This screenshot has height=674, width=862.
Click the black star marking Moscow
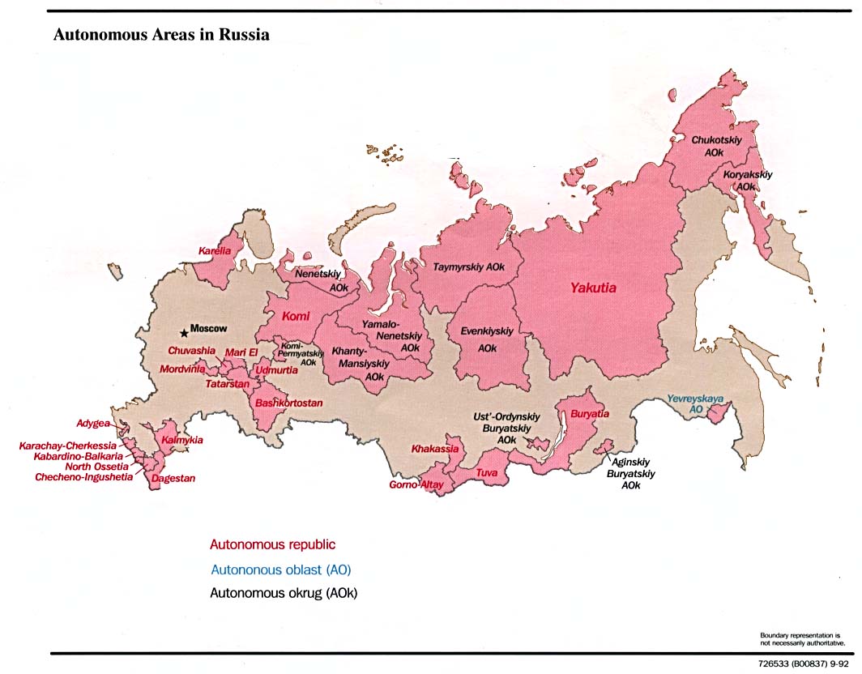pyautogui.click(x=184, y=332)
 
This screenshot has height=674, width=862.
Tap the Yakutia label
pyautogui.click(x=592, y=288)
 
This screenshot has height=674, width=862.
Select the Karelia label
pyautogui.click(x=215, y=251)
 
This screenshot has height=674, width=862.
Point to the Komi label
pyautogui.click(x=296, y=318)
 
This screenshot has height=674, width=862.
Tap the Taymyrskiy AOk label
pyautogui.click(x=469, y=267)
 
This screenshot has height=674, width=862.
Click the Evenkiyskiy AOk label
pyautogui.click(x=487, y=339)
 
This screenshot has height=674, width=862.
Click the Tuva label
pyautogui.click(x=486, y=472)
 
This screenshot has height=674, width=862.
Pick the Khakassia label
pyautogui.click(x=435, y=448)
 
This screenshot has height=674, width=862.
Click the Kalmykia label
pyautogui.click(x=182, y=440)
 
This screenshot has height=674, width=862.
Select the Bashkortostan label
pyautogui.click(x=289, y=403)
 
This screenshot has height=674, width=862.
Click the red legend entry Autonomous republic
pyautogui.click(x=272, y=544)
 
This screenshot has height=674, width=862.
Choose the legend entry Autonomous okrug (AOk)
pyautogui.click(x=284, y=593)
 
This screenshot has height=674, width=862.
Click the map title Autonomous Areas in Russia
pyautogui.click(x=161, y=36)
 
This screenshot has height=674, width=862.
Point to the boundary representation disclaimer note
pyautogui.click(x=803, y=638)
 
